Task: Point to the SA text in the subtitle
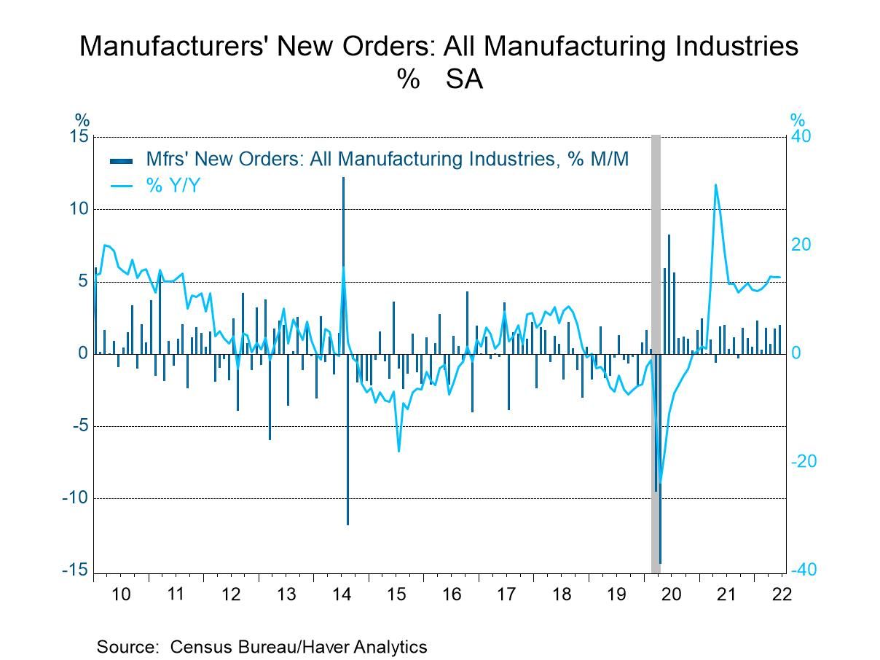[464, 79]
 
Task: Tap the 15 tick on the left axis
[79, 137]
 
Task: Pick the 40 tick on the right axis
[802, 137]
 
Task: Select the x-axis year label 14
[341, 594]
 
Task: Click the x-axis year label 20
[671, 594]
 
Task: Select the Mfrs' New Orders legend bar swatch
[121, 160]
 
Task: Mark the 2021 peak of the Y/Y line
[715, 185]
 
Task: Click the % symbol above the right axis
[798, 120]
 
